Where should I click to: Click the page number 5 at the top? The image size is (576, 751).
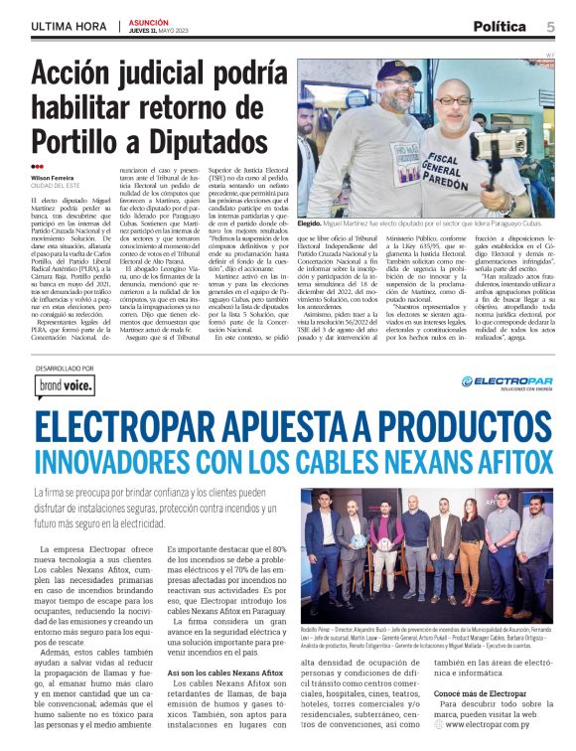click(x=551, y=27)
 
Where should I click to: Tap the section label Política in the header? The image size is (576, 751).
click(x=500, y=27)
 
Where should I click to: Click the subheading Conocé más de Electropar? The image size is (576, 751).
click(x=452, y=693)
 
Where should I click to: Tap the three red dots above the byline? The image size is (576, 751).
click(x=37, y=167)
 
